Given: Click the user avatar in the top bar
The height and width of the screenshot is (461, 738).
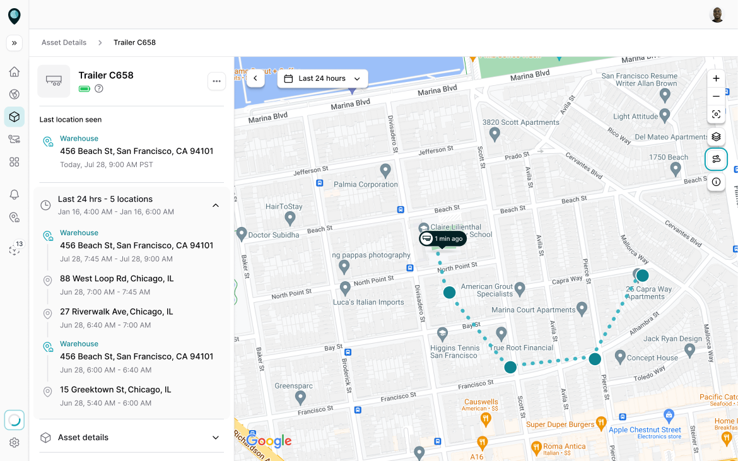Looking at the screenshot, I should pyautogui.click(x=717, y=15).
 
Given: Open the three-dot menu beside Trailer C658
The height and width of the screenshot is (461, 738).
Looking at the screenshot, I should pyautogui.click(x=216, y=81).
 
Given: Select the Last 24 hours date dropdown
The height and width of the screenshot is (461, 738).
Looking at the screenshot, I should pyautogui.click(x=322, y=78).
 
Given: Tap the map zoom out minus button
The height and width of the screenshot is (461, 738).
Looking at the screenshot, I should pyautogui.click(x=716, y=96).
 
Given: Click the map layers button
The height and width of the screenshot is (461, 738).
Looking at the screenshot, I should pyautogui.click(x=716, y=136).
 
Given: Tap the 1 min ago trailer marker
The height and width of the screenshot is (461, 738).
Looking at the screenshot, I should pyautogui.click(x=443, y=239).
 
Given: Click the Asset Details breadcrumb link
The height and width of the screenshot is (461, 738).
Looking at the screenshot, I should pyautogui.click(x=64, y=43).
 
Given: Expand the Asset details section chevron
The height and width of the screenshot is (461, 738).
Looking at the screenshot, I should pyautogui.click(x=216, y=438).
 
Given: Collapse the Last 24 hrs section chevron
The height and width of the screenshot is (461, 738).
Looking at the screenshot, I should pyautogui.click(x=216, y=205).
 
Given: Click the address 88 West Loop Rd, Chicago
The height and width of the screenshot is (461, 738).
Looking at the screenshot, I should pyautogui.click(x=117, y=279).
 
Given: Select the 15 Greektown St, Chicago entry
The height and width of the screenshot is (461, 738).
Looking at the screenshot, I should pyautogui.click(x=115, y=390).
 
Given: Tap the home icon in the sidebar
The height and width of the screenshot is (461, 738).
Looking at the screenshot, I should pyautogui.click(x=15, y=72).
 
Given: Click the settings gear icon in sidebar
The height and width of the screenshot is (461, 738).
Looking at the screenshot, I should pyautogui.click(x=15, y=443).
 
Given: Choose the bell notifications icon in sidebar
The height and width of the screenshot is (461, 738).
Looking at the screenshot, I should pyautogui.click(x=15, y=195).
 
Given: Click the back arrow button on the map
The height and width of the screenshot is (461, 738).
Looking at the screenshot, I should pyautogui.click(x=255, y=78).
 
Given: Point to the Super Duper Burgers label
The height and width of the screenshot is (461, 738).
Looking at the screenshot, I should pyautogui.click(x=560, y=424).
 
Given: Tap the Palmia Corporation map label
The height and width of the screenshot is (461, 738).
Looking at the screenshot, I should pyautogui.click(x=365, y=185).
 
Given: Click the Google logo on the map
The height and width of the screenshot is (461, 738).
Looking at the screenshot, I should pyautogui.click(x=269, y=441).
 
